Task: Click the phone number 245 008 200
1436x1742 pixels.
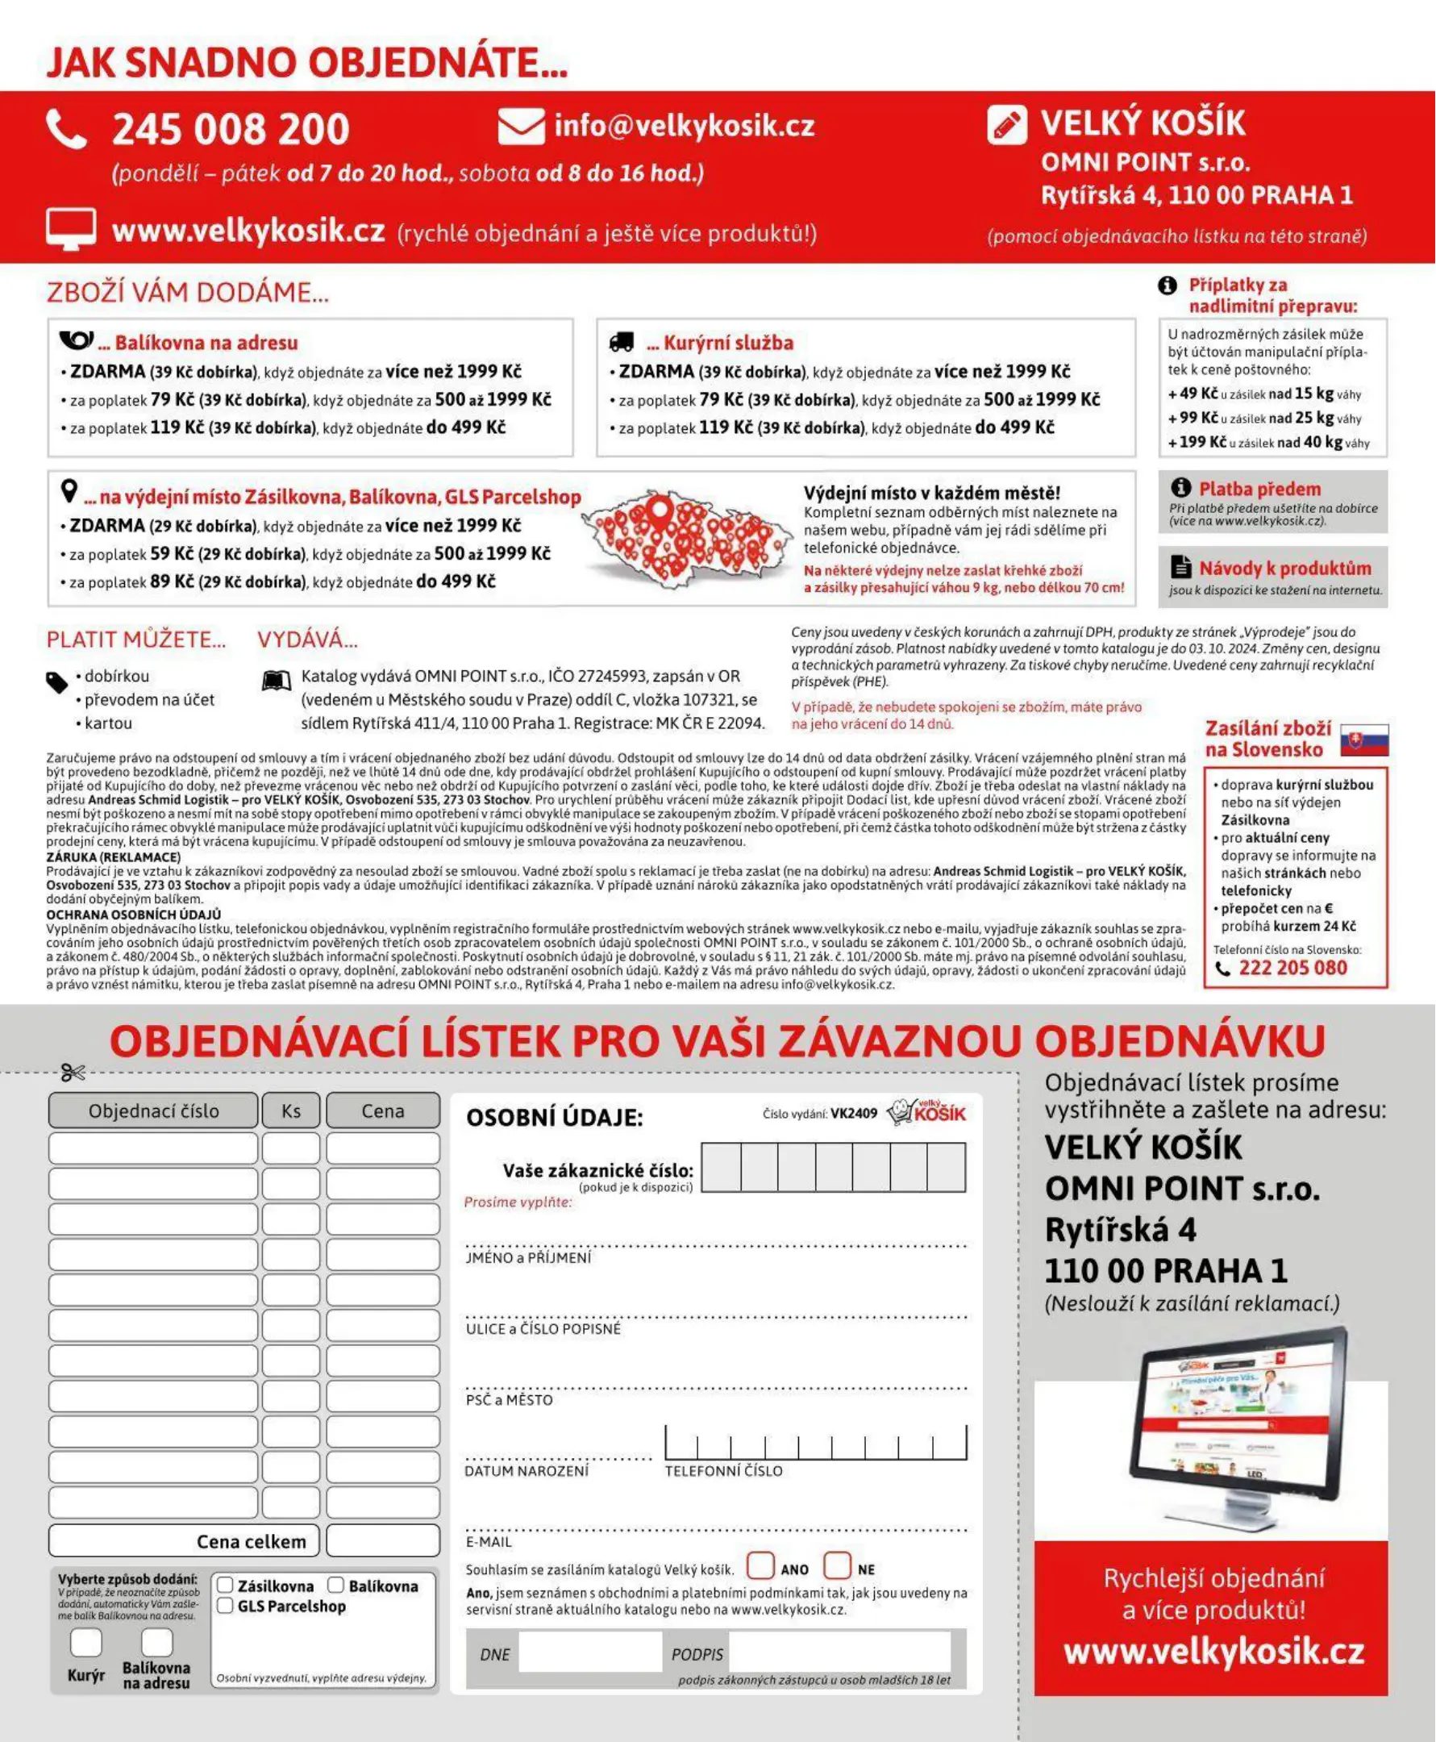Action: click(230, 130)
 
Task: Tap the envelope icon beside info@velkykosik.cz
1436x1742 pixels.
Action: click(521, 127)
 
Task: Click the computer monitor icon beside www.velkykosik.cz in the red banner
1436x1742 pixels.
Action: click(70, 229)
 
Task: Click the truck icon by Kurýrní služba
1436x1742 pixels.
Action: click(621, 342)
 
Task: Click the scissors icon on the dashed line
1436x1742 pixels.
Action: click(73, 1073)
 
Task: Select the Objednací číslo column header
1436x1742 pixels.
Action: click(153, 1111)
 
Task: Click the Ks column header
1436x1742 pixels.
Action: click(291, 1111)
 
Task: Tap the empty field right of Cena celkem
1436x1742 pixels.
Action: click(383, 1541)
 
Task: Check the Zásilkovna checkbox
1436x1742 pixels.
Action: click(225, 1586)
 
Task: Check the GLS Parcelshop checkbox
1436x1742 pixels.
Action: click(225, 1606)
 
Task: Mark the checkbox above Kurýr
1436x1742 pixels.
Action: click(86, 1642)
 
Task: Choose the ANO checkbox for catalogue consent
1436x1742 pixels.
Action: click(760, 1565)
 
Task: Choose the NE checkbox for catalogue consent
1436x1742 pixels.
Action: click(837, 1565)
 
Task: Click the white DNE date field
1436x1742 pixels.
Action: click(589, 1653)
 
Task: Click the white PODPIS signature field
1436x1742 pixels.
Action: click(839, 1653)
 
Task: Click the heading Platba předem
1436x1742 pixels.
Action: click(1259, 489)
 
